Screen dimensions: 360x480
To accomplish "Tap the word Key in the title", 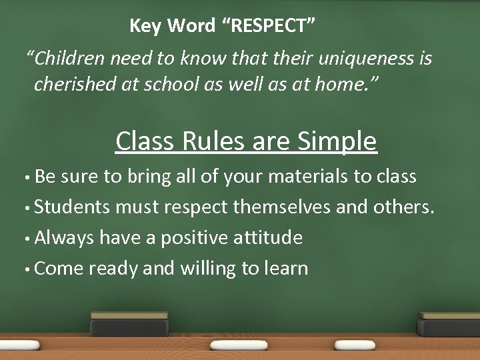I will coord(145,26).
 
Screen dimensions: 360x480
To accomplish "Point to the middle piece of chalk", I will coord(239,345).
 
